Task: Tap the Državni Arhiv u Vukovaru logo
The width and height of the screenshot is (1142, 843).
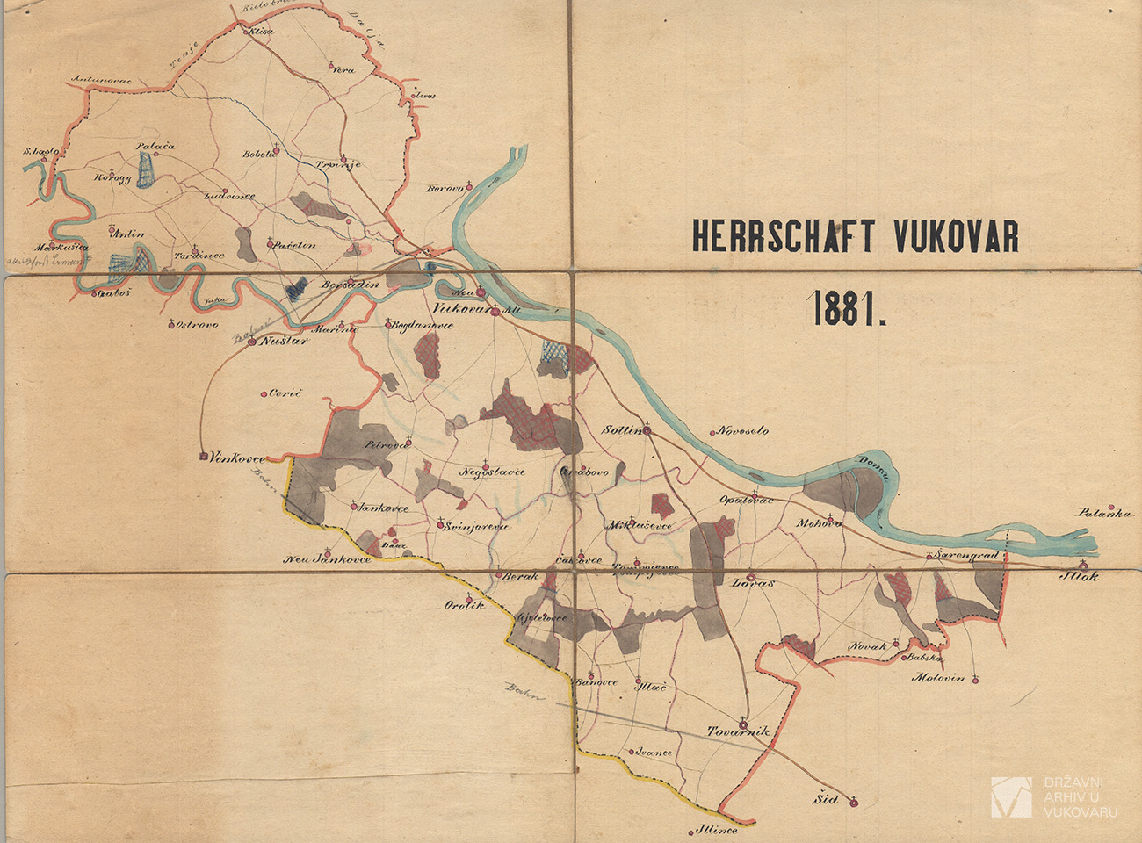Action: click(x=1011, y=797)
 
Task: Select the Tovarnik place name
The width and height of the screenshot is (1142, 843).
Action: click(x=739, y=731)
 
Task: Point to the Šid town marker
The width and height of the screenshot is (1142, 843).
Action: click(x=851, y=801)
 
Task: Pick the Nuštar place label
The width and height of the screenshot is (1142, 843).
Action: click(x=283, y=342)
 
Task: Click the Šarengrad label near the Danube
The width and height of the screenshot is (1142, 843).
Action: click(x=966, y=556)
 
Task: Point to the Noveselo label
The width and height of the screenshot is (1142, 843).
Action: click(x=743, y=431)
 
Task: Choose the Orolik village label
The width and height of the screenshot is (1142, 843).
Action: click(x=464, y=605)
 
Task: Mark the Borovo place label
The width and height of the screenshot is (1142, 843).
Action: click(x=445, y=188)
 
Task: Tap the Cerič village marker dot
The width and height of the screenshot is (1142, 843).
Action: click(x=265, y=394)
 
